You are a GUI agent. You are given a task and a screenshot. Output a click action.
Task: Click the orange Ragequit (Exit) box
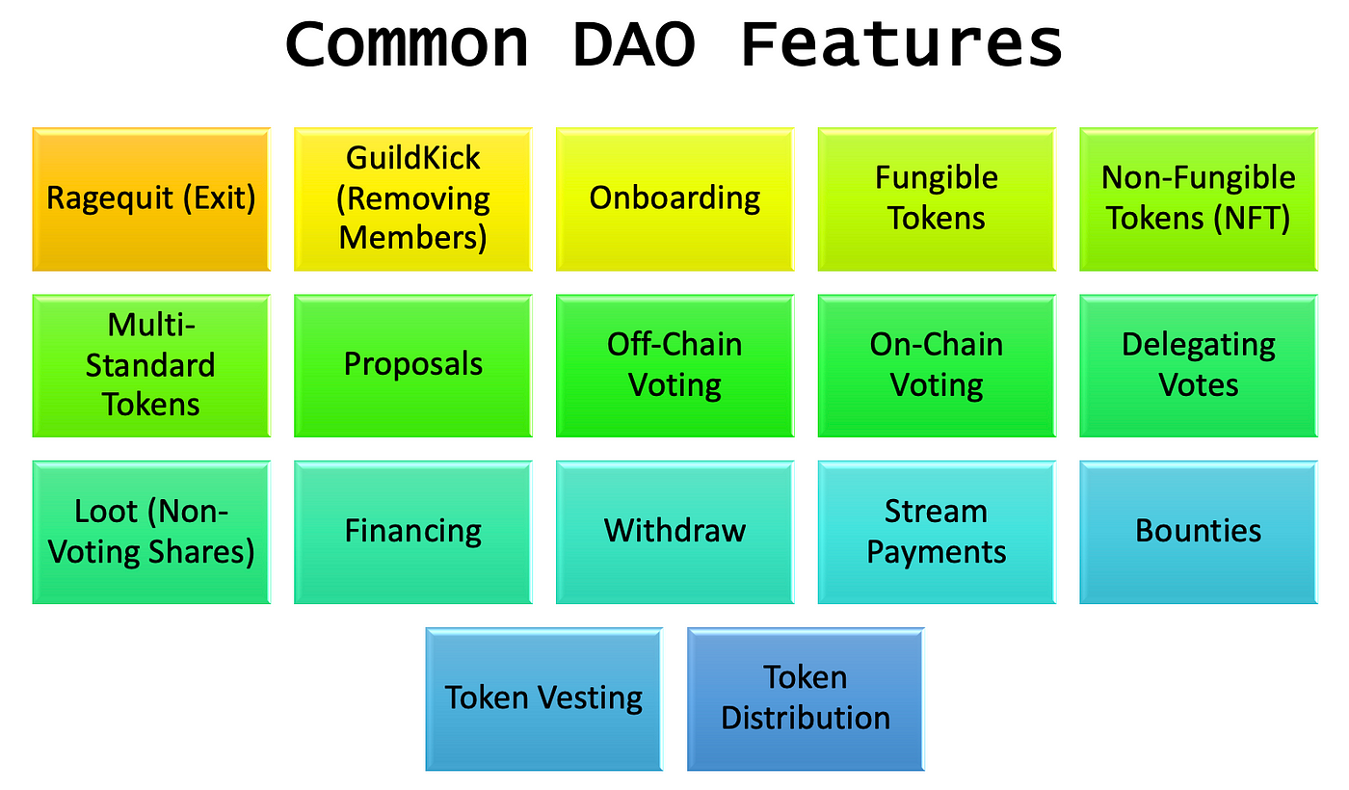tap(151, 199)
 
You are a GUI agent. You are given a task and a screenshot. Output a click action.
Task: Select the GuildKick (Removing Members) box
tap(413, 199)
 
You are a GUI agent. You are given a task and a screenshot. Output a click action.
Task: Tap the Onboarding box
tap(675, 199)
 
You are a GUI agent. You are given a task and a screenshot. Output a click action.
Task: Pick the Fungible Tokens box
tap(937, 199)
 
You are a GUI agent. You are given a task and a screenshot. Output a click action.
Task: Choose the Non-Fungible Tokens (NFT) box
tap(1199, 199)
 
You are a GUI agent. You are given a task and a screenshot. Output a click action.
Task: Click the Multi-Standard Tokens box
tap(151, 365)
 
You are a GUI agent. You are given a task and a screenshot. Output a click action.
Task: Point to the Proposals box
tap(413, 365)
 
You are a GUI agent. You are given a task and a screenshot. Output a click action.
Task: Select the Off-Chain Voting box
tap(675, 365)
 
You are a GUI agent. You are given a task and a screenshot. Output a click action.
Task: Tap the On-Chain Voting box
tap(937, 365)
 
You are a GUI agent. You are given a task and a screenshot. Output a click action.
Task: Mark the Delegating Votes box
tap(1199, 365)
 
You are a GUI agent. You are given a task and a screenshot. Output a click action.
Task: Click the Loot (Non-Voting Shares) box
tap(151, 532)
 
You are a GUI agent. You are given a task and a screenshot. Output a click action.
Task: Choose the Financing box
tap(413, 532)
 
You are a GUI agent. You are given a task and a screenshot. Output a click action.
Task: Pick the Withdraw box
tap(675, 532)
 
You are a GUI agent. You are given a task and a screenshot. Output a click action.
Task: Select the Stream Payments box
tap(937, 532)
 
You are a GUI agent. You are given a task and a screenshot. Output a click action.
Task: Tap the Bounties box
tap(1199, 532)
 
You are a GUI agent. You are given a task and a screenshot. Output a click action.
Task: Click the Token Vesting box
tap(544, 699)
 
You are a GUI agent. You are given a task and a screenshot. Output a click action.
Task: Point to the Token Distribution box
tap(806, 699)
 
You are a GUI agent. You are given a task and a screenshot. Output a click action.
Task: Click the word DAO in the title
tap(635, 44)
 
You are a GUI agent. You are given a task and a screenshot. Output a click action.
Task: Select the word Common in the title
tap(407, 44)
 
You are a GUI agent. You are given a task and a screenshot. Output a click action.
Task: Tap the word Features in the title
tap(902, 44)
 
